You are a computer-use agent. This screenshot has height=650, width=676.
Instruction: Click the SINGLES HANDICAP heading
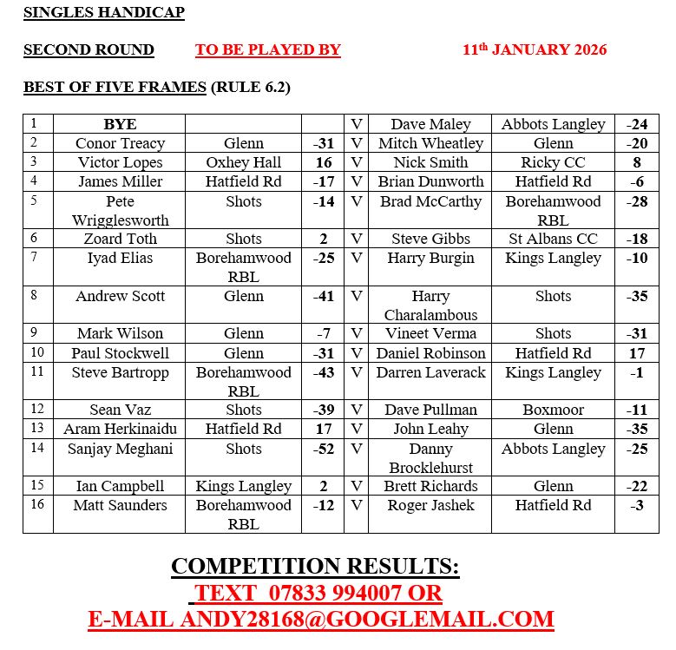click(x=103, y=12)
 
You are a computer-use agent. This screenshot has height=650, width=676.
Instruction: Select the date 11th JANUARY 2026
click(x=535, y=49)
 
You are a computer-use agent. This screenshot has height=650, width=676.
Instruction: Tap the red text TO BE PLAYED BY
click(x=267, y=49)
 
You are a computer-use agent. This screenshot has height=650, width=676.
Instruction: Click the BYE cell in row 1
click(x=120, y=124)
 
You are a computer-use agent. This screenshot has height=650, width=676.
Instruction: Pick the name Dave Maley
click(x=430, y=124)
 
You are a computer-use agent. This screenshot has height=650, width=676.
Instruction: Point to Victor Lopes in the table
click(x=120, y=162)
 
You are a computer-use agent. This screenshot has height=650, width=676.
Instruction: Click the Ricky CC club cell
click(x=553, y=162)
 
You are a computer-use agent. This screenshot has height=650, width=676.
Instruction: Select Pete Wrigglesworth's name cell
click(x=120, y=211)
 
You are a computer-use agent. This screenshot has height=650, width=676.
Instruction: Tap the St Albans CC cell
click(x=553, y=239)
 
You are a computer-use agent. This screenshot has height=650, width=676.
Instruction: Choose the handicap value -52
click(x=323, y=449)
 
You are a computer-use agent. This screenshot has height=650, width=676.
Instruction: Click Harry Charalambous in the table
click(x=430, y=305)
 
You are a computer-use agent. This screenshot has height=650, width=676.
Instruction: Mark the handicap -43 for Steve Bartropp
click(x=323, y=372)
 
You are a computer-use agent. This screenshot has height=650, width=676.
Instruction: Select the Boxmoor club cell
click(x=553, y=410)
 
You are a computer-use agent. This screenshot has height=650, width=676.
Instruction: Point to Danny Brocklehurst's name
click(x=430, y=458)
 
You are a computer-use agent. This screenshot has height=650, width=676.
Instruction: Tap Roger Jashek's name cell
click(x=430, y=505)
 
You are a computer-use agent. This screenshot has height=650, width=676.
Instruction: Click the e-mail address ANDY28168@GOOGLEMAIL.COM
click(x=366, y=619)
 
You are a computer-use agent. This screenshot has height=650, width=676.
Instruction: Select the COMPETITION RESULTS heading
click(x=315, y=567)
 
